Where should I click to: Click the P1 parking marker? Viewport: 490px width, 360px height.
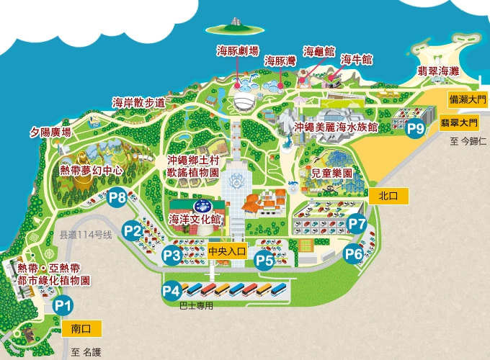(x=63, y=305)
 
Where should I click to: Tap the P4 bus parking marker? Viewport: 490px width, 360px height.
(x=171, y=291)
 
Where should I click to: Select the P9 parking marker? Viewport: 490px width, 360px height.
(x=415, y=129)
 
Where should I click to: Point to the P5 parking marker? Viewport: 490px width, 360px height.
(x=264, y=261)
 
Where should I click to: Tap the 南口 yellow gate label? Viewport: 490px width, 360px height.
(x=82, y=328)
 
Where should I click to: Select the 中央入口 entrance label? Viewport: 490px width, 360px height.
(x=227, y=252)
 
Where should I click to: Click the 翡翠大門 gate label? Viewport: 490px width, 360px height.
(x=460, y=123)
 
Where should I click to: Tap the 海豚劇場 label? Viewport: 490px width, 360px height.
(x=238, y=51)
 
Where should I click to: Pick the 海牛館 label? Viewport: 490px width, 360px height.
(x=356, y=59)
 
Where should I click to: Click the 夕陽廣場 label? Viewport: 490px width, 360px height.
(x=50, y=132)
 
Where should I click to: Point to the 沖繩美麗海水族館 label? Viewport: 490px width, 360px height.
(x=337, y=127)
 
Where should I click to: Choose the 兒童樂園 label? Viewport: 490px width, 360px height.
(x=331, y=174)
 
